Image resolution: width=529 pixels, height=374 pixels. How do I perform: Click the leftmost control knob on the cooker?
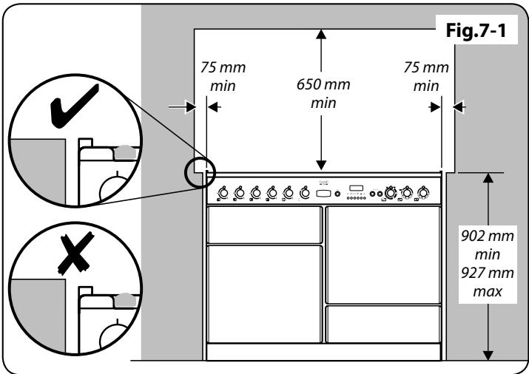click(x=221, y=194)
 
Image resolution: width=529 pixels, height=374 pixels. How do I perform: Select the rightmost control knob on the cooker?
click(x=422, y=194)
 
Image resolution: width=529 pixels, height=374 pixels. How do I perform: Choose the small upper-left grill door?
click(x=264, y=225)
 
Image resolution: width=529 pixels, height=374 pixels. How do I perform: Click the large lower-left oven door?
click(x=264, y=293)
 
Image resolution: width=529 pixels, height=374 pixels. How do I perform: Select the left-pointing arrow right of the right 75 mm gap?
click(x=459, y=107)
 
